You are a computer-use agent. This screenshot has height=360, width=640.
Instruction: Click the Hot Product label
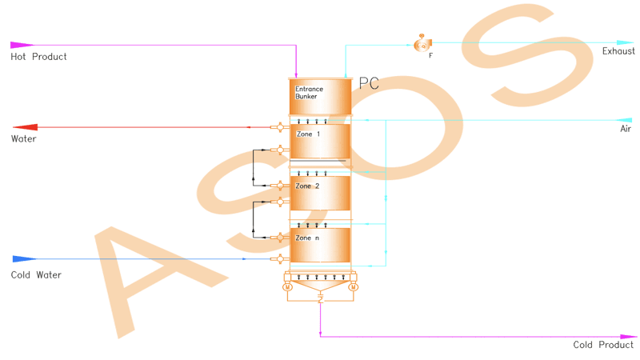pos(38,57)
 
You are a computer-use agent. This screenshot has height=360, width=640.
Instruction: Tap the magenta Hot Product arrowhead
pos(22,45)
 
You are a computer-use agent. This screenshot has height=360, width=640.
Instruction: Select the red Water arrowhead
pos(25,127)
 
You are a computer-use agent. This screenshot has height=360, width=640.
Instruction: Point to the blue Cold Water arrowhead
pos(25,258)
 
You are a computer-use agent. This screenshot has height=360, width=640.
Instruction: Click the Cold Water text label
pos(36,274)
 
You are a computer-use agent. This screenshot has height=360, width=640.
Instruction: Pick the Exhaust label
pos(618,51)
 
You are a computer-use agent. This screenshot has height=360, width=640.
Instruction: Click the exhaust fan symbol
pos(422,43)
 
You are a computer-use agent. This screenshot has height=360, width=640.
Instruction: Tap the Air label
pos(626,129)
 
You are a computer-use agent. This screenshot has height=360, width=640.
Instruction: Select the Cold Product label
pos(603,345)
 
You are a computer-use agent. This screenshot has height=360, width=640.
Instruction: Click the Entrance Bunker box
pos(321,97)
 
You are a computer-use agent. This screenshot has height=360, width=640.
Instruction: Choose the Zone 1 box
pos(320,142)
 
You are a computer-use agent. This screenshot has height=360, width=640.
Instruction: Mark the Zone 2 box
pos(320,193)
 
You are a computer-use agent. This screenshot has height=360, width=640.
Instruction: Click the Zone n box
pos(320,245)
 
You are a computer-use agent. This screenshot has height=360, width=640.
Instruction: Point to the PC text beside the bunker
pos(369,83)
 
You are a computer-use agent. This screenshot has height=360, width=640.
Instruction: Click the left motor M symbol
pos(287,287)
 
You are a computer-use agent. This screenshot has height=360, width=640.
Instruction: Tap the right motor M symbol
pos(354,287)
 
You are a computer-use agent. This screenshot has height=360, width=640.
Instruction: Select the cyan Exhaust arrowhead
pos(625,42)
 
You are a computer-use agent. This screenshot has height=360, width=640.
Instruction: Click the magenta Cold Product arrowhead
pos(629,337)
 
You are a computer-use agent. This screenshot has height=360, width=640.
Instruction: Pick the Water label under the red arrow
pos(24,138)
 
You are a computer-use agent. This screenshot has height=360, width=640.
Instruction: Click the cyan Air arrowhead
pos(624,120)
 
